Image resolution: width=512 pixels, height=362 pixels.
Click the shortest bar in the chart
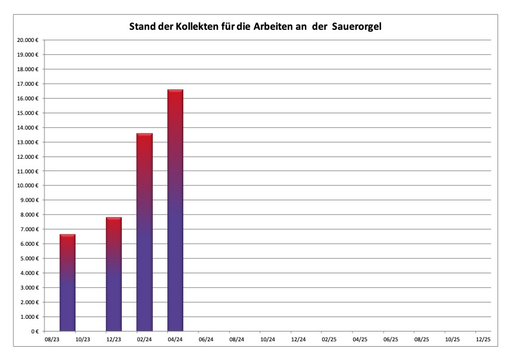[x=68, y=283]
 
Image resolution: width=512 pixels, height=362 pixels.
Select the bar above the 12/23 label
[x=114, y=274]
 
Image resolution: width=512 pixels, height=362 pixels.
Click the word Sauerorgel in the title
[x=358, y=27]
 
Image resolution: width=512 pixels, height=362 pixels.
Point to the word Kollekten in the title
[x=193, y=27]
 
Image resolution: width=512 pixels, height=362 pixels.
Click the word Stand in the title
[x=142, y=27]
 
